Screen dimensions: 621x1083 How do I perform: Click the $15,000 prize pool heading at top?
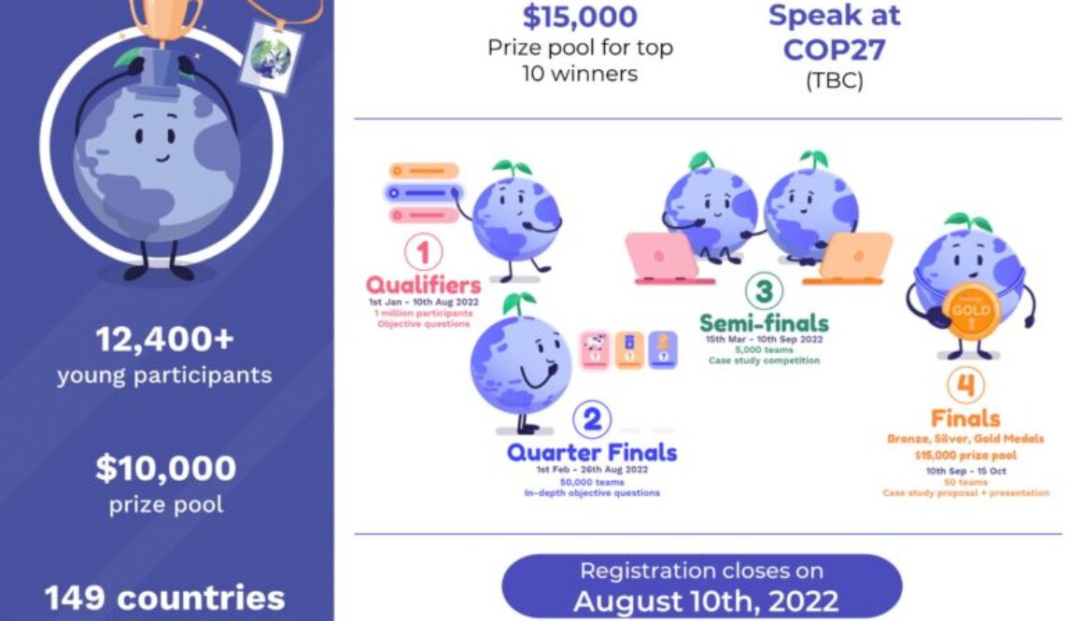pyautogui.click(x=580, y=16)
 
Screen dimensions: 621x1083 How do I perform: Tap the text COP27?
pyautogui.click(x=833, y=49)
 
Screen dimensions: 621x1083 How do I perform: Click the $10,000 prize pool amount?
pyautogui.click(x=165, y=469)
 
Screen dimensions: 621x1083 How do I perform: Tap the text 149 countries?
pyautogui.click(x=164, y=597)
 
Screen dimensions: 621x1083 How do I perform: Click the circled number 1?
pyautogui.click(x=424, y=252)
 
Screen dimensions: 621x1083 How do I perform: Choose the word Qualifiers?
pyautogui.click(x=424, y=285)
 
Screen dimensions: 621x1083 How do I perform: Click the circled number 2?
pyautogui.click(x=591, y=420)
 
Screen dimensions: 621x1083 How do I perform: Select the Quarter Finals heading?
pyautogui.click(x=592, y=454)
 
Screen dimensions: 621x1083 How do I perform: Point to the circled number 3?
pyautogui.click(x=764, y=291)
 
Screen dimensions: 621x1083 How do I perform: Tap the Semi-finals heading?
pyautogui.click(x=764, y=324)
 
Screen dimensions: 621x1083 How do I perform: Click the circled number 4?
pyautogui.click(x=965, y=384)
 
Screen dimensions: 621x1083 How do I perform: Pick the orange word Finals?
pyautogui.click(x=965, y=417)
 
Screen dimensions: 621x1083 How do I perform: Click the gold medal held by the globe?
pyautogui.click(x=971, y=312)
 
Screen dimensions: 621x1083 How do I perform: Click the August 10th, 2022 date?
pyautogui.click(x=705, y=600)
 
